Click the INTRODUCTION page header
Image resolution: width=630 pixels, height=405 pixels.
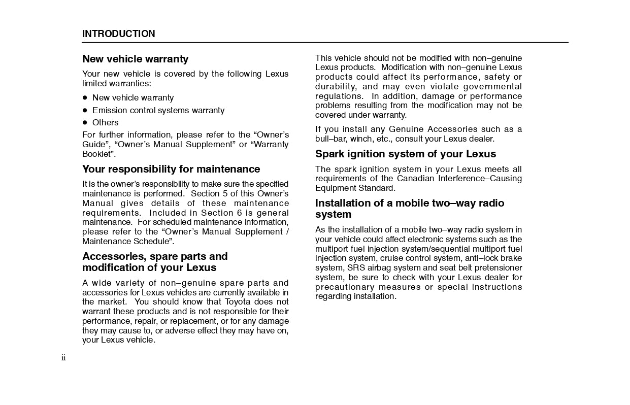tap(119, 34)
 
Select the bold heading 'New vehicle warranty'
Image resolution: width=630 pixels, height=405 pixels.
tap(135, 59)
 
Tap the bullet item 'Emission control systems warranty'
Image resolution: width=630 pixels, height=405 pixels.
tap(158, 110)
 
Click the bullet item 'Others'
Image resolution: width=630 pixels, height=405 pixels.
tap(105, 122)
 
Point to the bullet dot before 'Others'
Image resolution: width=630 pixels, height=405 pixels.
tap(85, 123)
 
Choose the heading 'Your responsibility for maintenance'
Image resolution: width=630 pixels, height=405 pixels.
tap(171, 169)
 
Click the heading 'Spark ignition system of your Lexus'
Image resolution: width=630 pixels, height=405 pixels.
tap(405, 154)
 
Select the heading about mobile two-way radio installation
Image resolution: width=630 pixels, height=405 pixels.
tap(409, 209)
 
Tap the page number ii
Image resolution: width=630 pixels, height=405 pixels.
tap(63, 358)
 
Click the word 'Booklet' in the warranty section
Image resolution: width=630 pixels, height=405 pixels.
tap(96, 154)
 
